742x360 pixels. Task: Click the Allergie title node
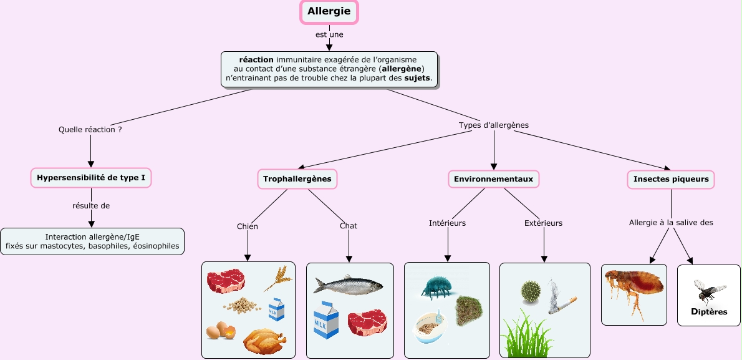[329, 11]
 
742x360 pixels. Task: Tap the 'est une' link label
[329, 34]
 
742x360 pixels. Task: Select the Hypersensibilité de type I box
[91, 178]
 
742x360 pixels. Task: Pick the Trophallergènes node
[297, 179]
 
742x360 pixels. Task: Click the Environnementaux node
[493, 179]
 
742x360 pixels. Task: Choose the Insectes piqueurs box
[671, 179]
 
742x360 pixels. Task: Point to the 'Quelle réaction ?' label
[90, 130]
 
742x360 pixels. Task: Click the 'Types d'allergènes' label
[493, 125]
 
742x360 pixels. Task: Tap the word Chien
[248, 226]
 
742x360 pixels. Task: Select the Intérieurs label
[447, 223]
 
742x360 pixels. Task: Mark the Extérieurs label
[543, 223]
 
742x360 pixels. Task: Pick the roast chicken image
[264, 342]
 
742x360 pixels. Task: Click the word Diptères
[708, 312]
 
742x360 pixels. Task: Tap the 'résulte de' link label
[91, 205]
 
